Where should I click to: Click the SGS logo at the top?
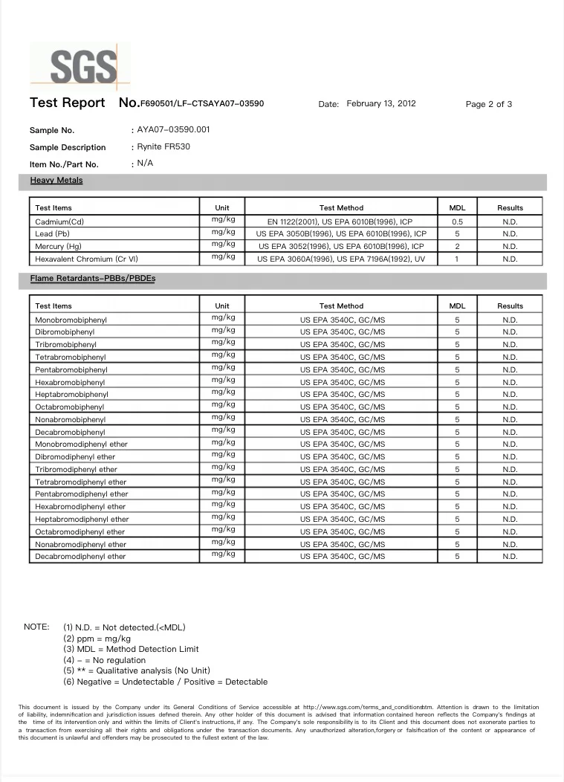pyautogui.click(x=83, y=66)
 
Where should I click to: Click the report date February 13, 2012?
pyautogui.click(x=381, y=103)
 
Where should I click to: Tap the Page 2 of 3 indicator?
pyautogui.click(x=488, y=104)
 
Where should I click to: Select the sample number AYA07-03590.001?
pyautogui.click(x=173, y=129)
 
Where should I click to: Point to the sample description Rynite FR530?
pyautogui.click(x=163, y=146)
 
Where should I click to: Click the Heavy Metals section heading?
pyautogui.click(x=56, y=180)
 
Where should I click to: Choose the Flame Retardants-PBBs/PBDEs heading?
pyautogui.click(x=93, y=278)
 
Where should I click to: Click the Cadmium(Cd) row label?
pyautogui.click(x=59, y=222)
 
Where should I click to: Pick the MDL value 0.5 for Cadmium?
pyautogui.click(x=458, y=222)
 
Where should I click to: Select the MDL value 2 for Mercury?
pyautogui.click(x=458, y=246)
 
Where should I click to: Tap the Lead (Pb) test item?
pyautogui.click(x=54, y=233)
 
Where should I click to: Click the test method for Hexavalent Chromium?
pyautogui.click(x=341, y=259)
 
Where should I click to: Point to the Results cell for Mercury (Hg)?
pyautogui.click(x=510, y=246)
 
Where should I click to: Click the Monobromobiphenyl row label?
pyautogui.click(x=71, y=320)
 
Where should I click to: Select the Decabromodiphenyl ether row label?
pyautogui.click(x=80, y=557)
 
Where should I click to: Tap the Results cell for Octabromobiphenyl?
pyautogui.click(x=510, y=407)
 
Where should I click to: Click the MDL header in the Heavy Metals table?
pyautogui.click(x=458, y=208)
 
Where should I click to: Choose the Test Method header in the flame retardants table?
pyautogui.click(x=341, y=306)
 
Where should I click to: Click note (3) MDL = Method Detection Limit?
pyautogui.click(x=131, y=649)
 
